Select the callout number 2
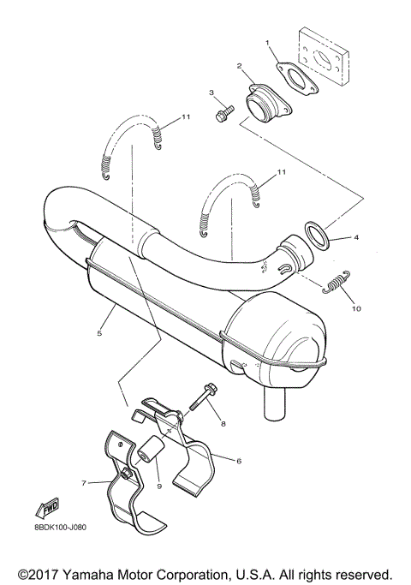coord(241,65)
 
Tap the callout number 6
coord(239,460)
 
